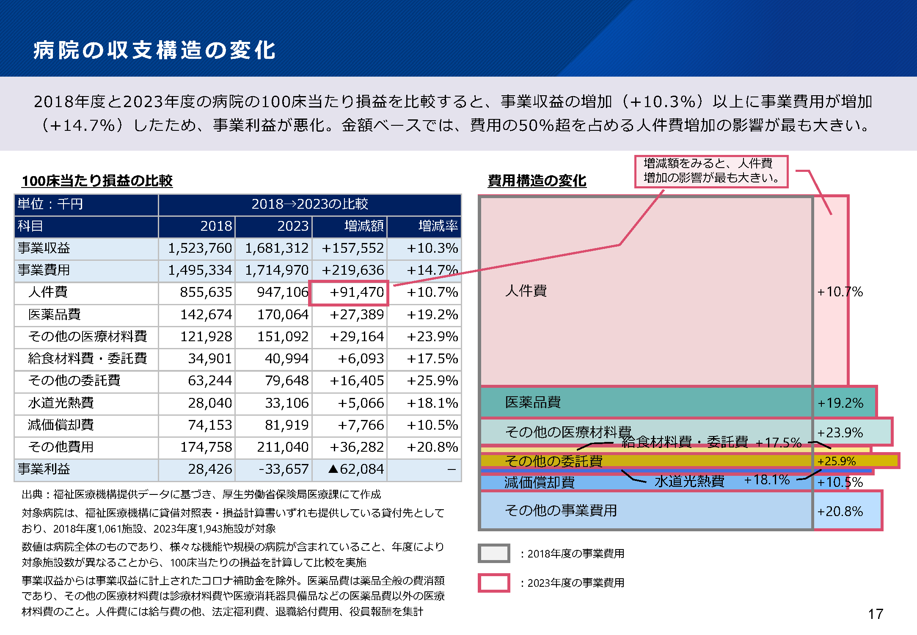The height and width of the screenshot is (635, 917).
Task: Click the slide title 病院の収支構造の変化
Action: click(154, 50)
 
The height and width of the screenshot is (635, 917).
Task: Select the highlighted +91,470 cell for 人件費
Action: click(349, 292)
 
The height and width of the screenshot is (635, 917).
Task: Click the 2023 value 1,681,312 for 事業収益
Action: click(277, 248)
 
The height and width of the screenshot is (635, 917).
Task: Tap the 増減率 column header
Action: click(438, 226)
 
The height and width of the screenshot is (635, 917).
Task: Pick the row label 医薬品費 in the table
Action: click(54, 315)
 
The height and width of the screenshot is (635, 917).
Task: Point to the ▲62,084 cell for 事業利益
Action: click(356, 469)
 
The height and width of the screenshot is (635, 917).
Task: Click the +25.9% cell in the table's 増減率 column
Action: click(432, 381)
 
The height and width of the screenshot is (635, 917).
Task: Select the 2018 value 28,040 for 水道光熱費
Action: click(210, 403)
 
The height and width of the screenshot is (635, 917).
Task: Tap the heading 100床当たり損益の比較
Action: click(97, 181)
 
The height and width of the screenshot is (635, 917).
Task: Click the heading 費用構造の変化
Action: click(537, 181)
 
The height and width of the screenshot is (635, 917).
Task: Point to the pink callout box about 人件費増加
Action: click(711, 171)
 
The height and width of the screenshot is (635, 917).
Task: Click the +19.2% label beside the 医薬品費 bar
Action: click(840, 403)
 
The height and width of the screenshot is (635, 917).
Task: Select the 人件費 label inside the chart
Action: click(526, 291)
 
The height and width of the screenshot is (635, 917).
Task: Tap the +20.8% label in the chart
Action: click(840, 511)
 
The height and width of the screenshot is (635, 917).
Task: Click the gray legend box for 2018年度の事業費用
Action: click(493, 553)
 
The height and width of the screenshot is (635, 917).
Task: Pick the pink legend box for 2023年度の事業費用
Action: click(493, 583)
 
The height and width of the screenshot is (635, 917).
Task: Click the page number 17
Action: click(875, 614)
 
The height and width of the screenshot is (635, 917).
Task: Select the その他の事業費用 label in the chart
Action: click(561, 511)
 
